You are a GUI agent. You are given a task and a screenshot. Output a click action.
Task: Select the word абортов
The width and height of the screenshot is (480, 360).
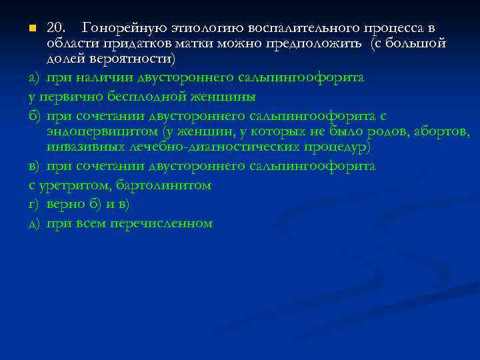click(x=441, y=131)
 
